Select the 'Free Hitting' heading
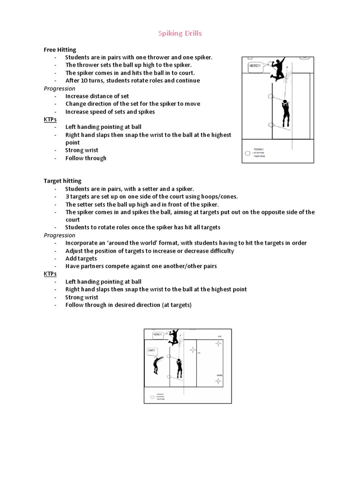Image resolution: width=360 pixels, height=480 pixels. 60,50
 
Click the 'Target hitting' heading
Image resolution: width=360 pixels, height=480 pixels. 62,181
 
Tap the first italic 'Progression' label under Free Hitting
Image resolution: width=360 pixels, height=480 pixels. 60,89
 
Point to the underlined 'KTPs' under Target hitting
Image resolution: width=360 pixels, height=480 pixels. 50,274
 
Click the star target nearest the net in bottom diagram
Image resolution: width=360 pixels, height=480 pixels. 192,351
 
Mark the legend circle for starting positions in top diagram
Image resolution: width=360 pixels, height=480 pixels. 247,153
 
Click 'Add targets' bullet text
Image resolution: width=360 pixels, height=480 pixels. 81,258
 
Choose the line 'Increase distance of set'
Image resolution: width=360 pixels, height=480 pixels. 97,96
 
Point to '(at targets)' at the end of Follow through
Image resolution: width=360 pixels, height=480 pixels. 177,305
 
